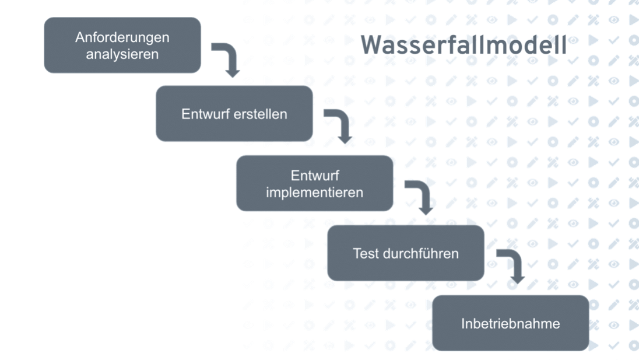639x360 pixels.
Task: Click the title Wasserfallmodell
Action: coord(464,46)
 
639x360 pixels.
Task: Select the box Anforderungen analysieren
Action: coord(122,46)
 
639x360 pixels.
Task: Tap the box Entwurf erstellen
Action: coord(234,114)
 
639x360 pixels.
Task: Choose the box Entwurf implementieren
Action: coord(314,183)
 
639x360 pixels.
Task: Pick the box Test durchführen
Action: coord(405,253)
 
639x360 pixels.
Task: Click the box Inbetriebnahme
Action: coord(510,323)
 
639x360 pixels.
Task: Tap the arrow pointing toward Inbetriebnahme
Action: coord(511,265)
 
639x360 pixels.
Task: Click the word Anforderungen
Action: coord(122,38)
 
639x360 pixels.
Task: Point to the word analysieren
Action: coord(122,55)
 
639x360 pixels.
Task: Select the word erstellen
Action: coord(259,114)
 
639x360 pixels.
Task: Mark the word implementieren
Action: coord(314,192)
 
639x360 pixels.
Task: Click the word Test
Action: coord(366,253)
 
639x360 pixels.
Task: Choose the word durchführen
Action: coord(420,253)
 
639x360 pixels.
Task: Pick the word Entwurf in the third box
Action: coord(314,175)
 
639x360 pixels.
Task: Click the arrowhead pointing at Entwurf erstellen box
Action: coord(233,72)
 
